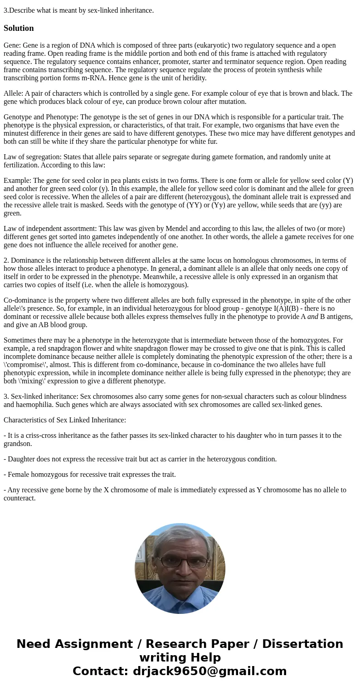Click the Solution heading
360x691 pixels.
pos(19,28)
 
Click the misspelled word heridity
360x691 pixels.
pos(194,78)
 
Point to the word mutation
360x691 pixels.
pos(232,102)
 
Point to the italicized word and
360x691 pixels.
pos(313,317)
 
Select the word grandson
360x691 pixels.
pos(17,444)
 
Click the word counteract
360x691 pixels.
pos(19,498)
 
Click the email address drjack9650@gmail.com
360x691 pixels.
pos(210,671)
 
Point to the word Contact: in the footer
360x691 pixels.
pos(100,671)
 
